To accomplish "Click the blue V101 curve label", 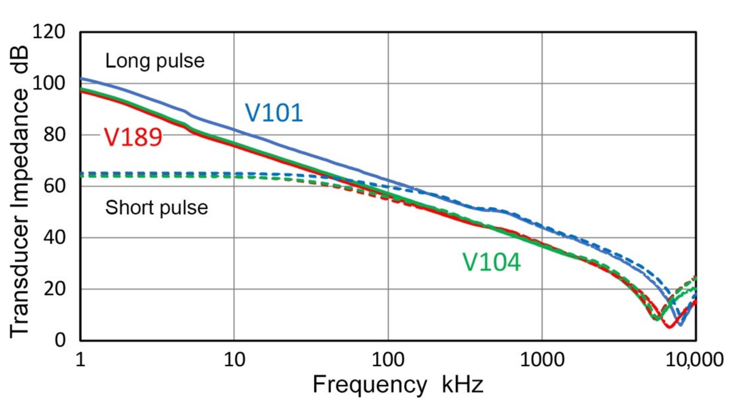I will [x=274, y=113].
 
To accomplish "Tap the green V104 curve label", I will [x=492, y=263].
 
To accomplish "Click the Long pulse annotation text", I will [x=155, y=61].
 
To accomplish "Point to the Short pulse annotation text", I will [x=156, y=208].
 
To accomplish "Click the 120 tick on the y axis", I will [x=49, y=32].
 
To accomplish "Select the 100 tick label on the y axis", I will [x=49, y=83].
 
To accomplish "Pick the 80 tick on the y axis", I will [x=54, y=135].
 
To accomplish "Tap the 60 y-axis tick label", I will [x=54, y=186].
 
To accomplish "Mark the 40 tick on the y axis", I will [x=54, y=237].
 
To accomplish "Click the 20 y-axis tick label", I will [x=54, y=289].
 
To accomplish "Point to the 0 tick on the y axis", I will [x=60, y=340].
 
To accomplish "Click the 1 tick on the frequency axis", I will [x=80, y=360].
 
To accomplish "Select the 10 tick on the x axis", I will [x=234, y=360].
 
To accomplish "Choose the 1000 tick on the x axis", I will [x=542, y=360].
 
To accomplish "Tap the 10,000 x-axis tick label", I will [x=695, y=360].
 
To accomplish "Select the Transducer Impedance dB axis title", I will [x=19, y=192].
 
